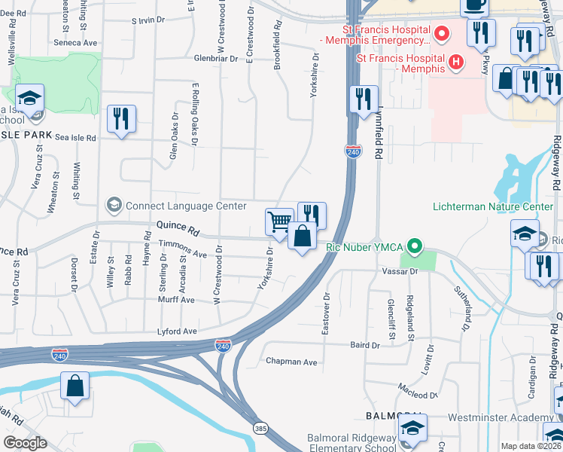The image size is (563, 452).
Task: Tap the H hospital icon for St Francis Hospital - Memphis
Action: tap(455, 62)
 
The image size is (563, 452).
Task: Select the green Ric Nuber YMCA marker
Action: tap(413, 246)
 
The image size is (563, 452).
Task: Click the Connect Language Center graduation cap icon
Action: tap(114, 205)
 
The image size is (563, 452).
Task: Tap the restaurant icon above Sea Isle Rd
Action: tap(121, 118)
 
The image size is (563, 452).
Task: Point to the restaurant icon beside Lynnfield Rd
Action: tap(364, 99)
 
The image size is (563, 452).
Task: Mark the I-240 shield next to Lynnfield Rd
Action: tap(353, 151)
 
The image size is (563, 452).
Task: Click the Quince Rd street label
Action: tap(177, 225)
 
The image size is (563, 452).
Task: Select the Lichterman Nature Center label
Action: tap(493, 206)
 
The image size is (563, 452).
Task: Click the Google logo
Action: tap(25, 443)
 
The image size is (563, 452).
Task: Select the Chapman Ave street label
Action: tap(291, 362)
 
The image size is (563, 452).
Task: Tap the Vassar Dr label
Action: tap(399, 270)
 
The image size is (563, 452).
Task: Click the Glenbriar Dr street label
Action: tap(215, 57)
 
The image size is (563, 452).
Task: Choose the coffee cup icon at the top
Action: tap(475, 6)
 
